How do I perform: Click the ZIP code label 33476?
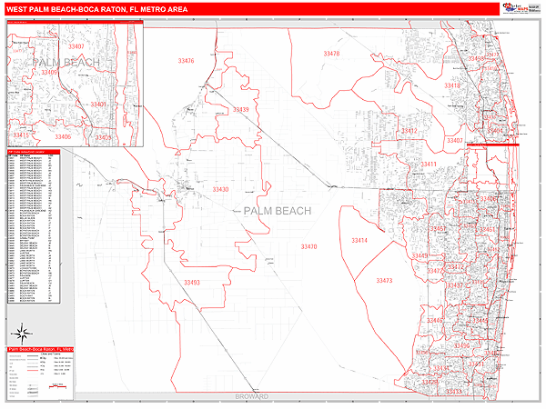(x=186, y=61)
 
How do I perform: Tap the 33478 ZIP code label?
(x=331, y=54)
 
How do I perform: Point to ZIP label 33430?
(x=220, y=189)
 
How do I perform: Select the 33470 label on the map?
(x=308, y=246)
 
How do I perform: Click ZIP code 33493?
(x=191, y=283)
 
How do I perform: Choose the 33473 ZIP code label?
(x=384, y=281)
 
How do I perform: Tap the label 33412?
(x=409, y=131)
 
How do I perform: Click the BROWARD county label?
(x=252, y=397)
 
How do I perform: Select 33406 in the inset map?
(x=62, y=136)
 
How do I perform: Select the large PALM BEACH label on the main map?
(x=278, y=211)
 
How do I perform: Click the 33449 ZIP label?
(x=420, y=256)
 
